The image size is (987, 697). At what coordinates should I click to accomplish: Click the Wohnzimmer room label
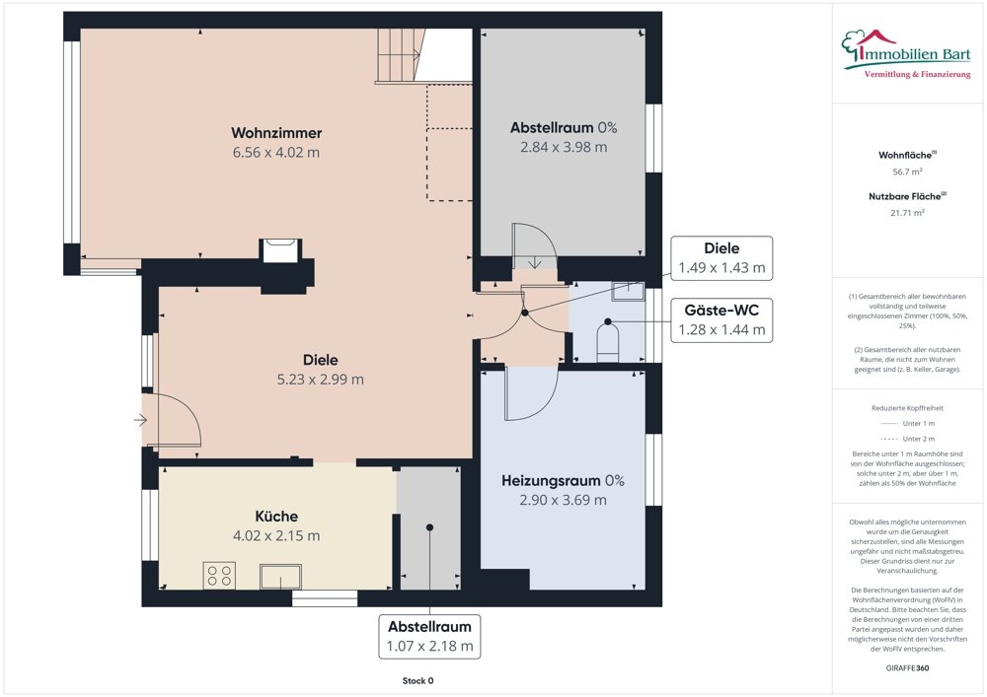pos(276,133)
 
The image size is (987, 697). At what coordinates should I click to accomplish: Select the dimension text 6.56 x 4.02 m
pos(276,153)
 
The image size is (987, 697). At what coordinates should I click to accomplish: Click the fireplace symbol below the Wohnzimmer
pos(279,250)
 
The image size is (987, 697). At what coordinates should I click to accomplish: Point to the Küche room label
pos(276,517)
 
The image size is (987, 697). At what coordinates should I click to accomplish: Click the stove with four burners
pos(219,575)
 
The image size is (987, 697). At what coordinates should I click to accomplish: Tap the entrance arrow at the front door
pos(140,420)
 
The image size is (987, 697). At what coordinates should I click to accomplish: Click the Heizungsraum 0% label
pos(563,481)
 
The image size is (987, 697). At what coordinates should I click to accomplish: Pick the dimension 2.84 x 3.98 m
pos(564,147)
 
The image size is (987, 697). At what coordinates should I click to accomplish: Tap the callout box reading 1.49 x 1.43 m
pos(721,258)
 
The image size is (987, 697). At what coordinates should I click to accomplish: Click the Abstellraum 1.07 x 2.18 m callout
pos(429,637)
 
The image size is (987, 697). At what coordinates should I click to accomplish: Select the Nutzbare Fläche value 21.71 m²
pos(908,212)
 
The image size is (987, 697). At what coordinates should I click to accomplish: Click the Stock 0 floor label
pos(418,680)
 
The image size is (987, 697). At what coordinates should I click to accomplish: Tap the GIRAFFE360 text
pos(908,667)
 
